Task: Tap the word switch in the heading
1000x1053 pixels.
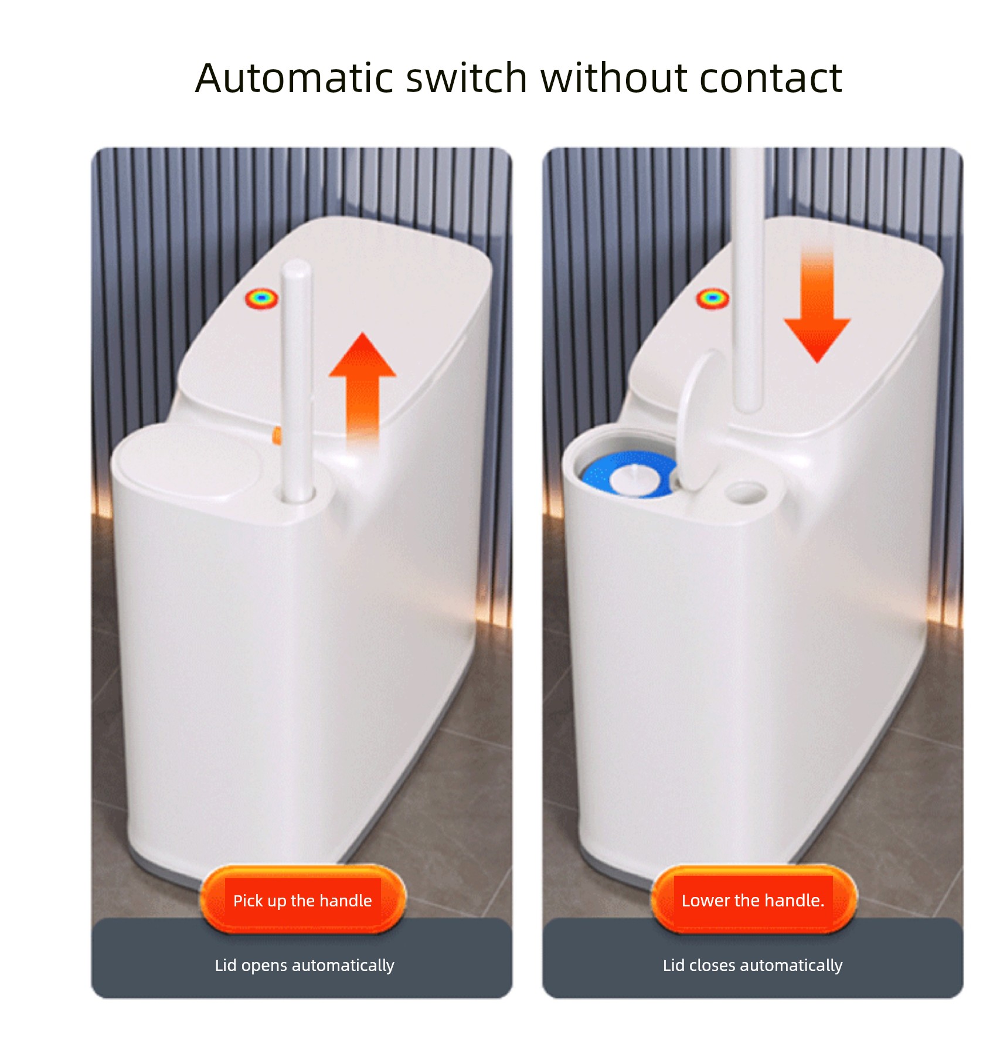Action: [467, 78]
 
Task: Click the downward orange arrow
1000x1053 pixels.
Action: [817, 305]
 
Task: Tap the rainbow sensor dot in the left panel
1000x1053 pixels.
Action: [261, 298]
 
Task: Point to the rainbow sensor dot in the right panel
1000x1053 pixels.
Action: [712, 298]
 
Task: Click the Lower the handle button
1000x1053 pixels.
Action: [753, 899]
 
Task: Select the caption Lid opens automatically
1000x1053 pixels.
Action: [304, 966]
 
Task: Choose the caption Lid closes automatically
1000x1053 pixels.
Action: [753, 966]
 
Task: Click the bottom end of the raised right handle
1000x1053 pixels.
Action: [750, 407]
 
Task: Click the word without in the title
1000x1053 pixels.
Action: [613, 78]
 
